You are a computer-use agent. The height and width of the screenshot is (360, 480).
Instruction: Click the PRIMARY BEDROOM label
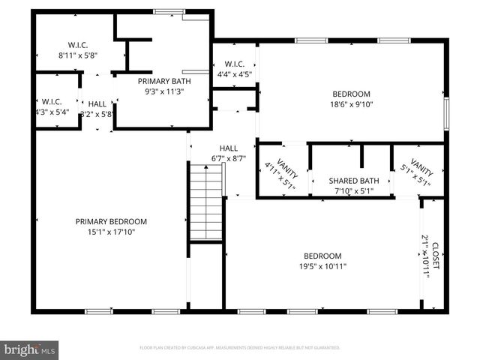[x=111, y=221]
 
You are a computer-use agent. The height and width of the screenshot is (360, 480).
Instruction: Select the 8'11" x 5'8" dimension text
[x=78, y=55]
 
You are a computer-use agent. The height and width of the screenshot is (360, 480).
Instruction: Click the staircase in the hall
[x=206, y=202]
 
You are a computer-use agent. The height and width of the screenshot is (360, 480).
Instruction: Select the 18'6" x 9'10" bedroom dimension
[x=351, y=106]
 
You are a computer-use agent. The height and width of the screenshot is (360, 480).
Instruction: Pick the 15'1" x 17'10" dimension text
[x=111, y=232]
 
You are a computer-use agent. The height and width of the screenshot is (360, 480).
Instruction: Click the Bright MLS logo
[x=30, y=349]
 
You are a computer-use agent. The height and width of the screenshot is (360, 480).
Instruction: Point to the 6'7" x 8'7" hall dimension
[x=229, y=159]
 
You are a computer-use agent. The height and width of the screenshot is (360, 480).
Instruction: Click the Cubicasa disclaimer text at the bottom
[x=240, y=348]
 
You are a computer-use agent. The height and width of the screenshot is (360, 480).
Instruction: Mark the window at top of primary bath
[x=169, y=11]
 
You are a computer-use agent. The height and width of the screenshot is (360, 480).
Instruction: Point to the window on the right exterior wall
[x=446, y=111]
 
